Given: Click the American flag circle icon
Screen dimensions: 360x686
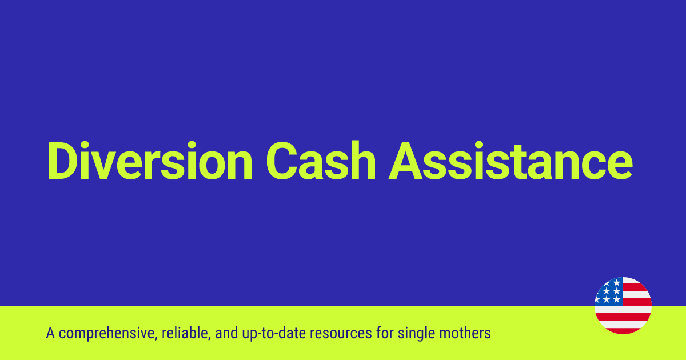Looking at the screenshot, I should pos(623,306).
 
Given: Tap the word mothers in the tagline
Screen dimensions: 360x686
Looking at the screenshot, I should pos(466,333).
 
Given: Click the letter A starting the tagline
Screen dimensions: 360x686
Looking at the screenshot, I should pos(50,333).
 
